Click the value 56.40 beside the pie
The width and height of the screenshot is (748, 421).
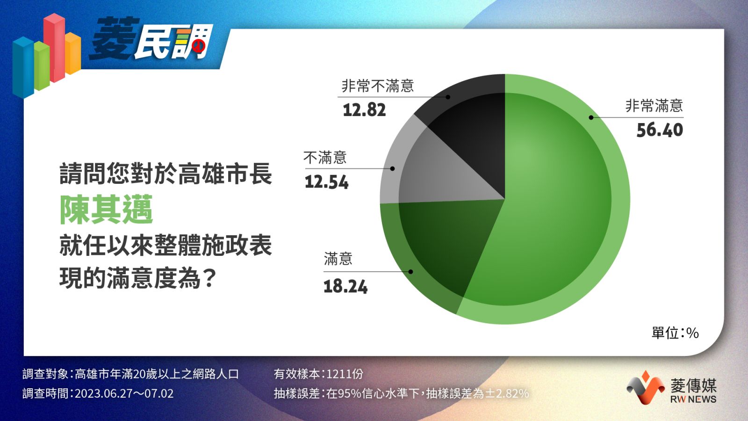[x=660, y=130]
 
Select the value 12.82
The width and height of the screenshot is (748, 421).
[x=364, y=110]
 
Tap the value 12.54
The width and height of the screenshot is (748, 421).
[x=327, y=182]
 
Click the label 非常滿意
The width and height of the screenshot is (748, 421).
[x=654, y=106]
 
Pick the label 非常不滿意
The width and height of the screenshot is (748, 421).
[x=378, y=86]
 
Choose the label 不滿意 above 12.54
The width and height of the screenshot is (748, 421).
[x=325, y=157]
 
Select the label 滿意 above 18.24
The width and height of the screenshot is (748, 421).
[x=338, y=259]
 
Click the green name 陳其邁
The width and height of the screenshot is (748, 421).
[x=106, y=210]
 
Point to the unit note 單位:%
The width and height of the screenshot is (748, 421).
[x=675, y=333]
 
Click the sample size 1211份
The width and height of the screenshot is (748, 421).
[x=345, y=374]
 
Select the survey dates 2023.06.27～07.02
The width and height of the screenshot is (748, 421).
[x=124, y=393]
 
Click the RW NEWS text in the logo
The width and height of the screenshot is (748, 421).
[x=693, y=399]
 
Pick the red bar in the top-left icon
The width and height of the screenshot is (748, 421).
[x=54, y=47]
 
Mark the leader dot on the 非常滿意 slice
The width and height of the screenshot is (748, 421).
[x=591, y=117]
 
